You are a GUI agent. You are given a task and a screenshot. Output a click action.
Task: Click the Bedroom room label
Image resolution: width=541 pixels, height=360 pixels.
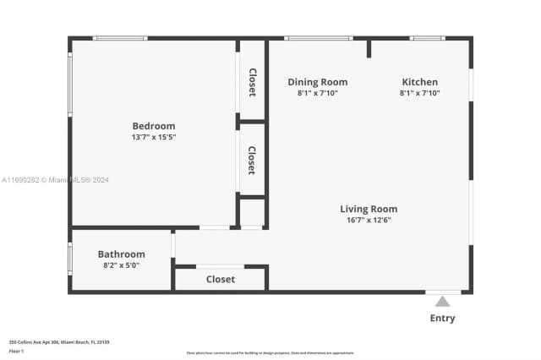(153, 126)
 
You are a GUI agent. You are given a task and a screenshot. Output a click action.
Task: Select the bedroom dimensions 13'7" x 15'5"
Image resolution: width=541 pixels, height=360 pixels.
(153, 137)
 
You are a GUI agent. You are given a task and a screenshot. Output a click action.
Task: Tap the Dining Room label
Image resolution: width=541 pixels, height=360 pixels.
(317, 82)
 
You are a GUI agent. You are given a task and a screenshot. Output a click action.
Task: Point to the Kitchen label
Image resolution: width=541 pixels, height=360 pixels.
(419, 82)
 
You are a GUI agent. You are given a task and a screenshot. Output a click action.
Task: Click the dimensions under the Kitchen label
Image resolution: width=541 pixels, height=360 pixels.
(419, 93)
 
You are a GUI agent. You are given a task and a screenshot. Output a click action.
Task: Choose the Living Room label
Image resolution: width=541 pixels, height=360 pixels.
(369, 209)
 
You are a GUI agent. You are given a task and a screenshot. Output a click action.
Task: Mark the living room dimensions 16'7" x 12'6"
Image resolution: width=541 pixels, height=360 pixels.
(369, 220)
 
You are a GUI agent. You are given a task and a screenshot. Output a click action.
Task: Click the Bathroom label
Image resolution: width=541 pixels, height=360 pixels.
(121, 254)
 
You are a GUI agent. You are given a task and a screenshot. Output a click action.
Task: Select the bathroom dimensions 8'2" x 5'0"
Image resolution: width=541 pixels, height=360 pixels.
(121, 265)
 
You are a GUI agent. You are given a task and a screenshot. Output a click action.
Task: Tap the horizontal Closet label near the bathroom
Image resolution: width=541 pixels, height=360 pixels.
(221, 279)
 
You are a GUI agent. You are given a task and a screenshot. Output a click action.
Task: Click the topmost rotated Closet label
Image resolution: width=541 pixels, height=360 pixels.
(252, 83)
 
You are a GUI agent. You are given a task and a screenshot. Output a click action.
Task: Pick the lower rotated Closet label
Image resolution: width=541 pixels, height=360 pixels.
(252, 161)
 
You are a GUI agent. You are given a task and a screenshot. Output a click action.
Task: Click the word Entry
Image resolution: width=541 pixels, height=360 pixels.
(442, 319)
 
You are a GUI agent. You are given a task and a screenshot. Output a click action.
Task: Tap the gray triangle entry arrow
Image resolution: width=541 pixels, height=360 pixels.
(442, 301)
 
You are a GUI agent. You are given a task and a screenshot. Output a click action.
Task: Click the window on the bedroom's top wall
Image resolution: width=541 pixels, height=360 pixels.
(120, 38)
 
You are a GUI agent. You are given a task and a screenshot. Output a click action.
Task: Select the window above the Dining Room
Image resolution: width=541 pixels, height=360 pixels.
(318, 38)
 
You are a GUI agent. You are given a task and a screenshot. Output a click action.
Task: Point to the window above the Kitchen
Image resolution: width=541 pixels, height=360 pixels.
(427, 38)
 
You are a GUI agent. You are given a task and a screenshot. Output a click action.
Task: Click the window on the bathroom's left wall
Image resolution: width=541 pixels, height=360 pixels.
(69, 258)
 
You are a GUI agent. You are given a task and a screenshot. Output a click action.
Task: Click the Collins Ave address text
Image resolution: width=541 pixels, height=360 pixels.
(59, 342)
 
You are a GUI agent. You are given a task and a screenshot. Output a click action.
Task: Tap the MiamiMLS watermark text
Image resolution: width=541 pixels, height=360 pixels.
(55, 180)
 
